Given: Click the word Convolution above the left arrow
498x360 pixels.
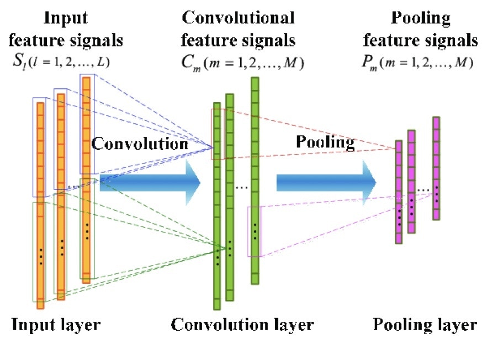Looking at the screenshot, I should (x=140, y=144).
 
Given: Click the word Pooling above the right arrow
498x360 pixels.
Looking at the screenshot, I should (x=325, y=142).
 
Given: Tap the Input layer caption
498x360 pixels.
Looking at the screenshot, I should (x=56, y=324).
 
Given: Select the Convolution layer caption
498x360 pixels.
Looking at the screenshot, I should (x=242, y=324).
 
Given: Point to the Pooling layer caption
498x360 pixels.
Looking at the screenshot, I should (x=425, y=324).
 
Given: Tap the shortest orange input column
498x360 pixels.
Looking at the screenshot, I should (x=40, y=202).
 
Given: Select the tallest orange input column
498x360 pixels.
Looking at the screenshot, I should (x=86, y=179).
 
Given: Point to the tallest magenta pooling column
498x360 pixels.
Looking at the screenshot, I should (x=436, y=168).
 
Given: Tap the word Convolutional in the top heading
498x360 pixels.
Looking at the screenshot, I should (x=239, y=18).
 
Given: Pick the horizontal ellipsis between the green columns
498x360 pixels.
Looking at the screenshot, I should (x=241, y=189).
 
